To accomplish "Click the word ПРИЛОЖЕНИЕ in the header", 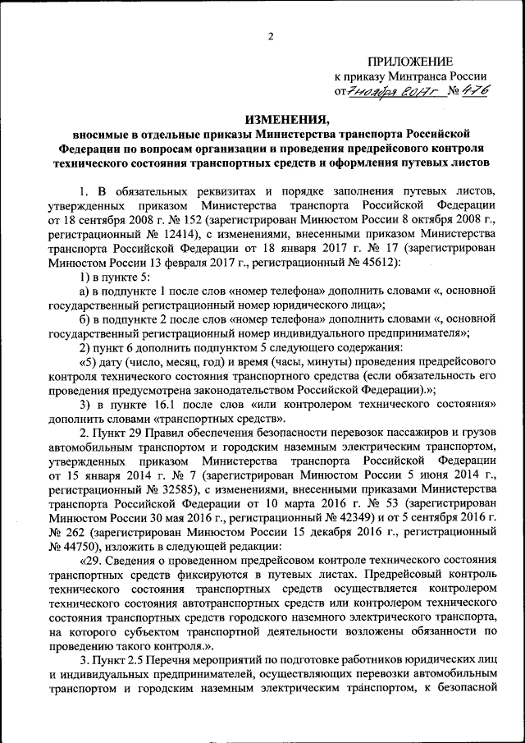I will tap(409, 61).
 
